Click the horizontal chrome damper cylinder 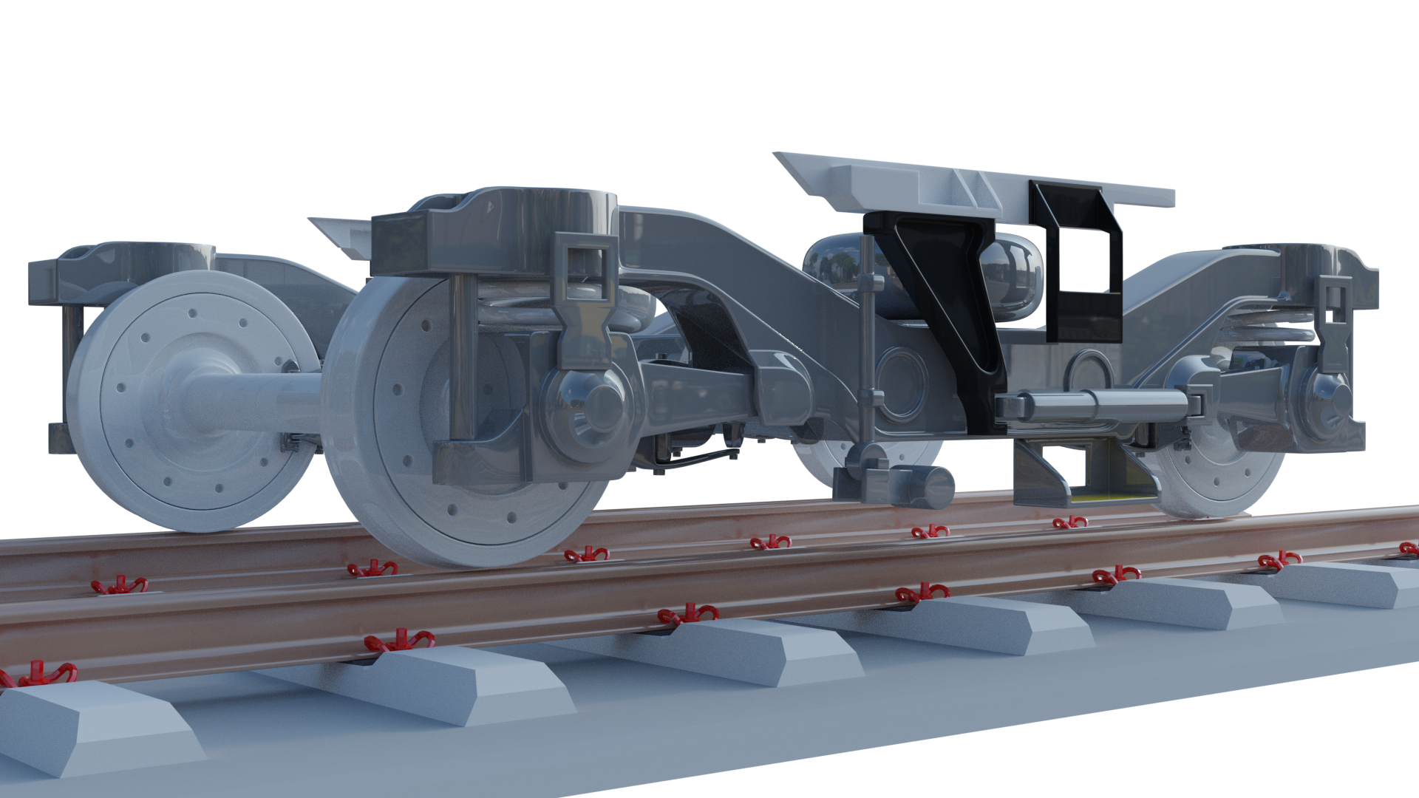1094,406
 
